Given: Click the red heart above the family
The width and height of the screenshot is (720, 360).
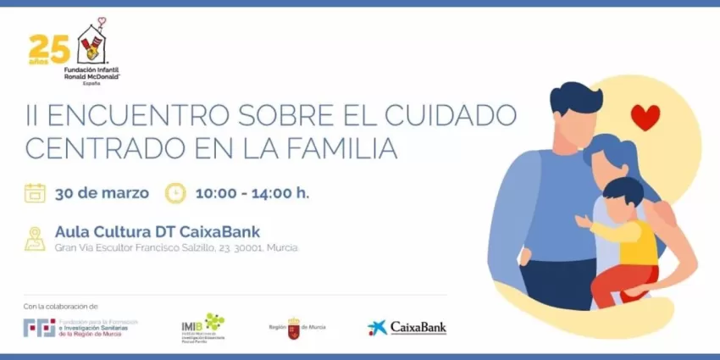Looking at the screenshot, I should pyautogui.click(x=645, y=117).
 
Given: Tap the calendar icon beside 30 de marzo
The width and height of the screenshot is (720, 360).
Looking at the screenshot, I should pyautogui.click(x=35, y=193).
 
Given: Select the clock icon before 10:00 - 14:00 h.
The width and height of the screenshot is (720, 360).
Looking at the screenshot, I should pyautogui.click(x=174, y=193).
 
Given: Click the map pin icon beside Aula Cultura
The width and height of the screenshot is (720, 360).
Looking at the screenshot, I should pyautogui.click(x=35, y=237).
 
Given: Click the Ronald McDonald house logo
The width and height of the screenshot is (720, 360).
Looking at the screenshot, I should pyautogui.click(x=93, y=44).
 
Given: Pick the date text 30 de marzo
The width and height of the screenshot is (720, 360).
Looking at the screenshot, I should pyautogui.click(x=102, y=193).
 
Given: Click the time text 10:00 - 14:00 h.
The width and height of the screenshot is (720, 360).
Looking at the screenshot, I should pyautogui.click(x=252, y=193).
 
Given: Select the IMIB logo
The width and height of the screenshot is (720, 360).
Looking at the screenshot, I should pyautogui.click(x=203, y=326).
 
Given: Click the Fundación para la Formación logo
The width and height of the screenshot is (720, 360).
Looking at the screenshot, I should pyautogui.click(x=80, y=327).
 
